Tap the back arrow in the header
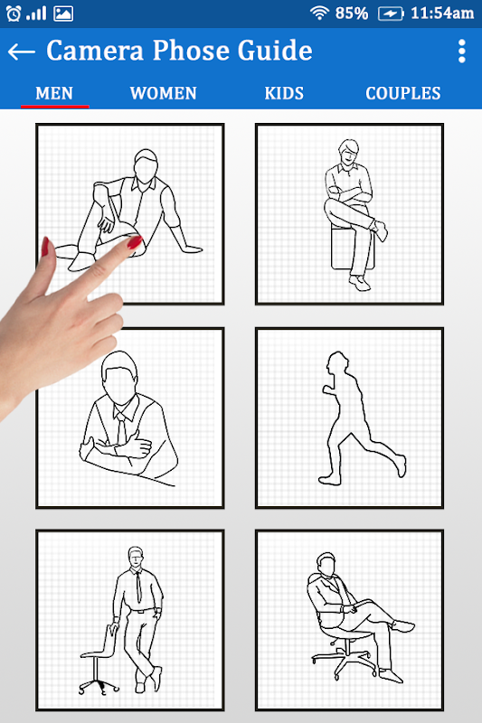tap(21, 52)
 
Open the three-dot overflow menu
tap(462, 52)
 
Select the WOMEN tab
tap(164, 93)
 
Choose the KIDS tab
tap(284, 93)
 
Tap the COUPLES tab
tap(403, 93)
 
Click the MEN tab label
tap(54, 93)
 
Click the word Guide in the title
tap(275, 51)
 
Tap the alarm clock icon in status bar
tap(14, 14)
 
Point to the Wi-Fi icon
tap(319, 13)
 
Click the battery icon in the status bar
tap(392, 14)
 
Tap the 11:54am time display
tap(442, 14)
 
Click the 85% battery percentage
tap(352, 14)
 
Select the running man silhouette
tap(362, 418)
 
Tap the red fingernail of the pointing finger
tap(135, 241)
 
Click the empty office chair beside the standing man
tap(99, 660)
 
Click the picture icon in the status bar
tap(63, 14)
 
